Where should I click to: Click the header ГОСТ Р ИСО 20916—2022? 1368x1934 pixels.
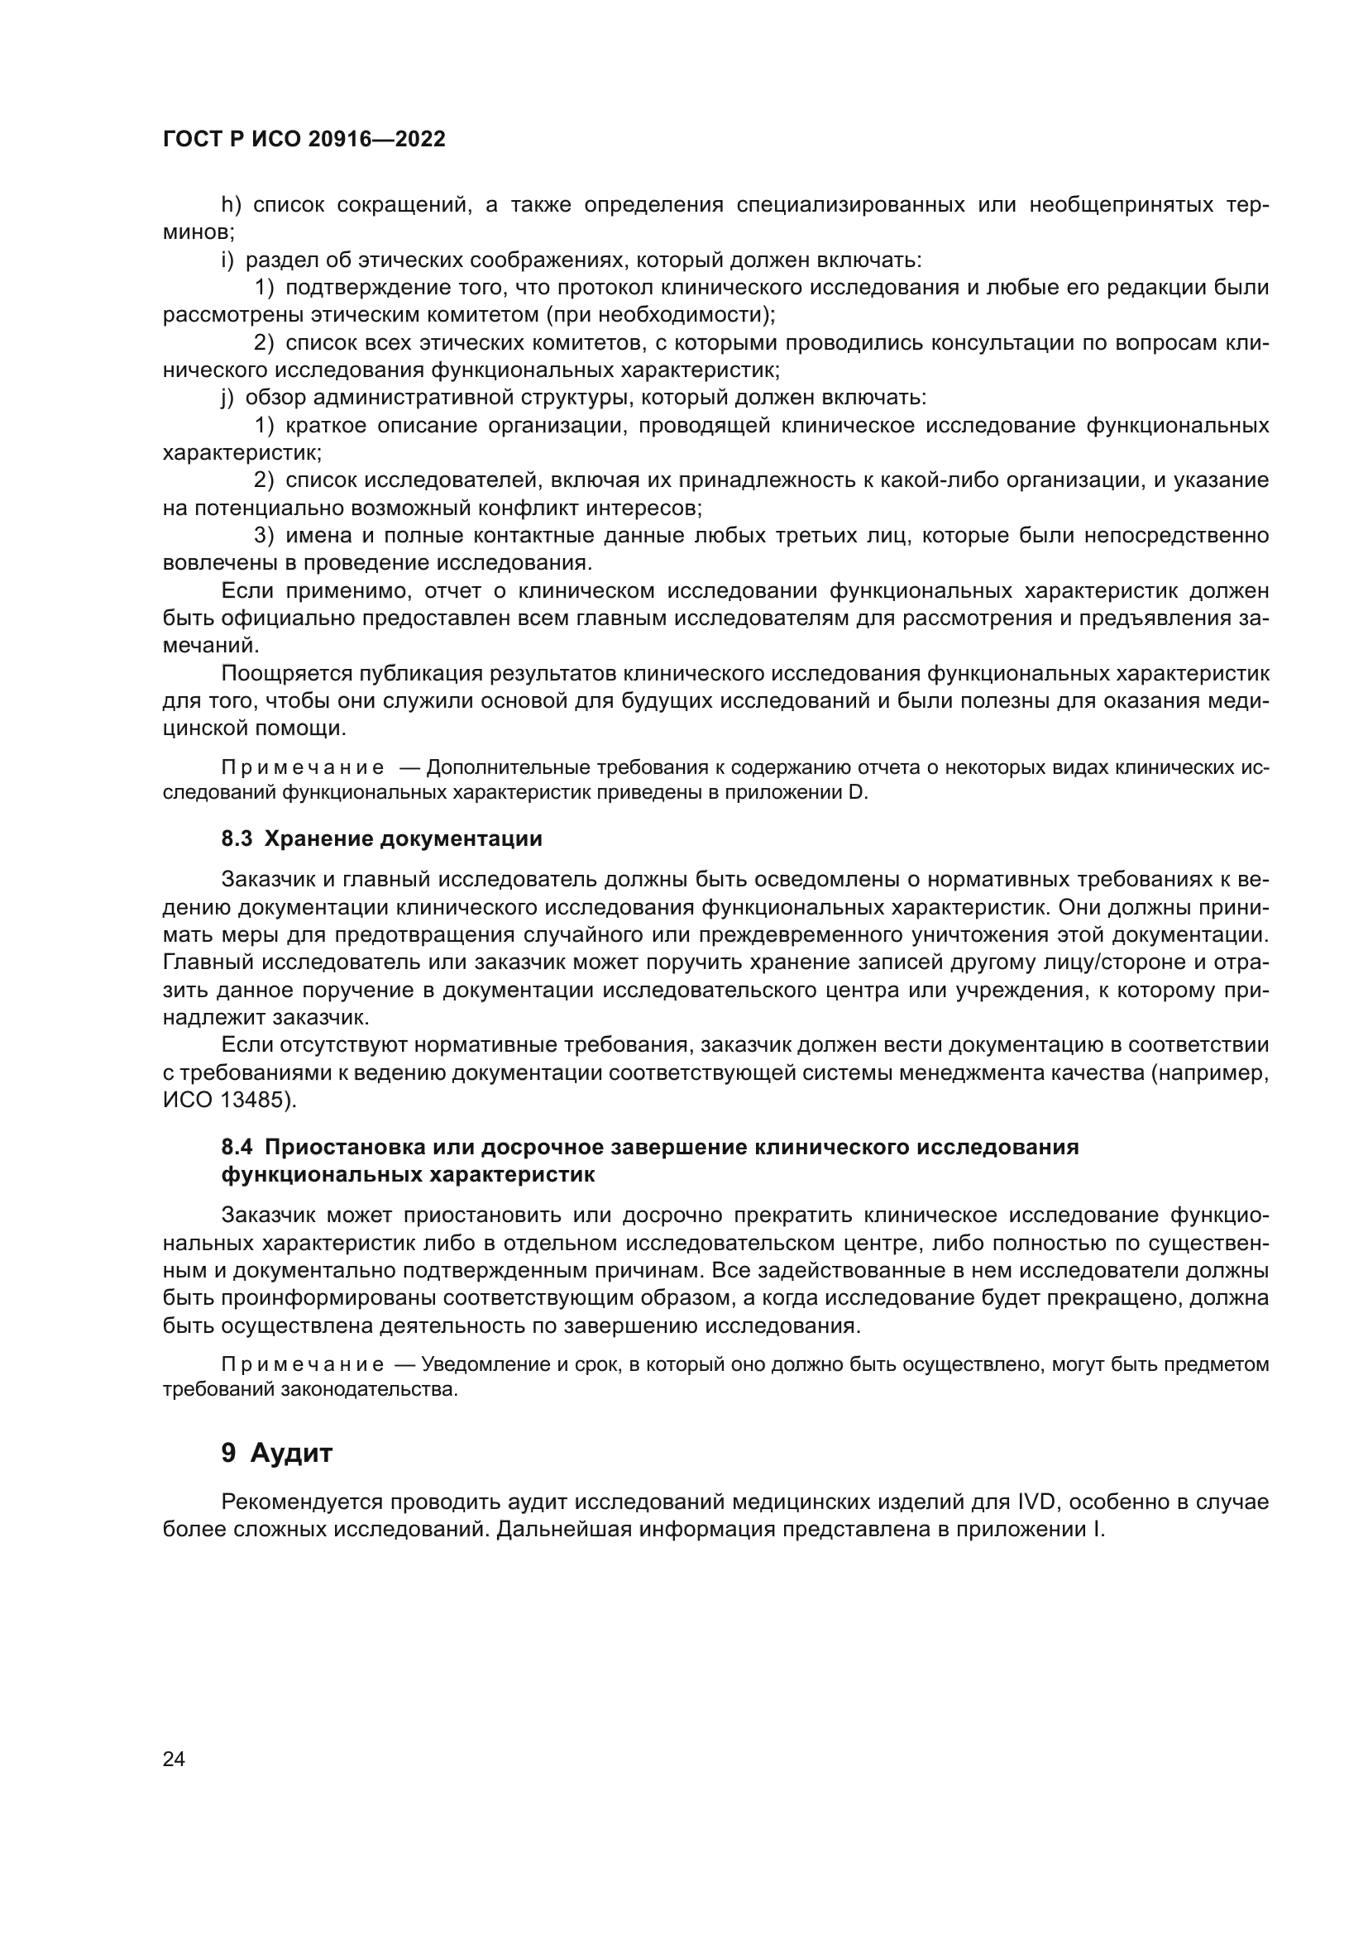304,140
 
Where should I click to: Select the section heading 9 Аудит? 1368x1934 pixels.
277,1453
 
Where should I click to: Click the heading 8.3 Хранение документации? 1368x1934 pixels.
381,839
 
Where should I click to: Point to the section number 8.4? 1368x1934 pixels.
237,1148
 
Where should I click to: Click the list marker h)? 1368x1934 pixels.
231,205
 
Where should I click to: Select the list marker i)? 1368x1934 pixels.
227,260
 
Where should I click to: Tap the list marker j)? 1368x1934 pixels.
227,398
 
